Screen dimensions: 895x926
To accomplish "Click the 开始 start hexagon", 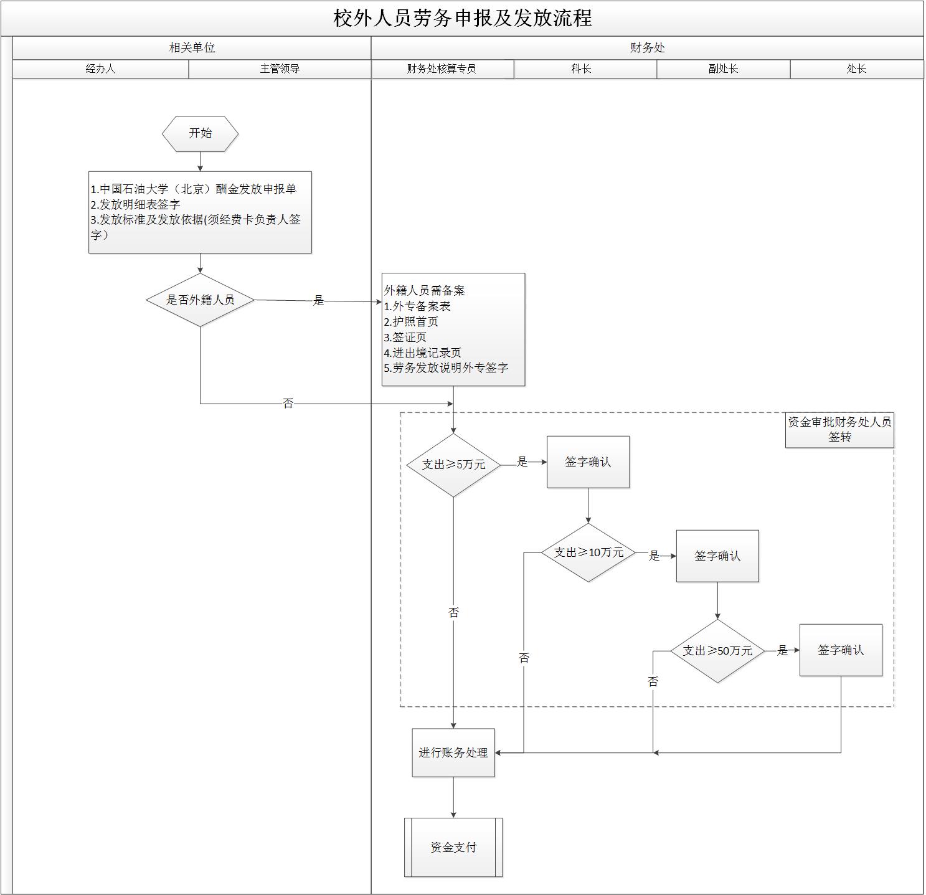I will [x=200, y=133].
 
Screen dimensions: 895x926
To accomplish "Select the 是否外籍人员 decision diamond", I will [x=200, y=300].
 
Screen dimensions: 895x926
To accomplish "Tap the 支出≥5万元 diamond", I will [x=453, y=465].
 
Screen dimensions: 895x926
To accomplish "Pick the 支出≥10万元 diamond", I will [x=588, y=552].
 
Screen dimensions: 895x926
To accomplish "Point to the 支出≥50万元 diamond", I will [x=717, y=651].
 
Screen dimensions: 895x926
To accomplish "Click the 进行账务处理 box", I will [x=453, y=752].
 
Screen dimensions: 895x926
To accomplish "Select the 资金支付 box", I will [x=453, y=847].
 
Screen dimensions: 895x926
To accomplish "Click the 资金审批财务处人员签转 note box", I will [x=839, y=430].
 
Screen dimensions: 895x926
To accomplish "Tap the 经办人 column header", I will [x=100, y=69].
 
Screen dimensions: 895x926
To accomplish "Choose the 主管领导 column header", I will [x=280, y=69].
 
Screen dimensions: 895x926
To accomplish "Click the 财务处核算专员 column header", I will [x=442, y=69].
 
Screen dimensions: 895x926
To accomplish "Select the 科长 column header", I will [x=581, y=69].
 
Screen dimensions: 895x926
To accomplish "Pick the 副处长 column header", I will [x=723, y=69].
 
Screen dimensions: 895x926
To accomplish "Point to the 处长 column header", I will [x=856, y=69].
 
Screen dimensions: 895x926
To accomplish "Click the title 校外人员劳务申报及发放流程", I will [x=462, y=18].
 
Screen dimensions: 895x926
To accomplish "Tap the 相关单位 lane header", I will [x=192, y=48].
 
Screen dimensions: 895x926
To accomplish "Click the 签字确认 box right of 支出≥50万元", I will [x=841, y=650].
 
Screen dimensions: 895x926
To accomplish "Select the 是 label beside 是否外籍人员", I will [x=318, y=301].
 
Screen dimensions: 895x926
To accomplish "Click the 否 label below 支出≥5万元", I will [x=453, y=613].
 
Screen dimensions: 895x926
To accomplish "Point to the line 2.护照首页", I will [x=411, y=321].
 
